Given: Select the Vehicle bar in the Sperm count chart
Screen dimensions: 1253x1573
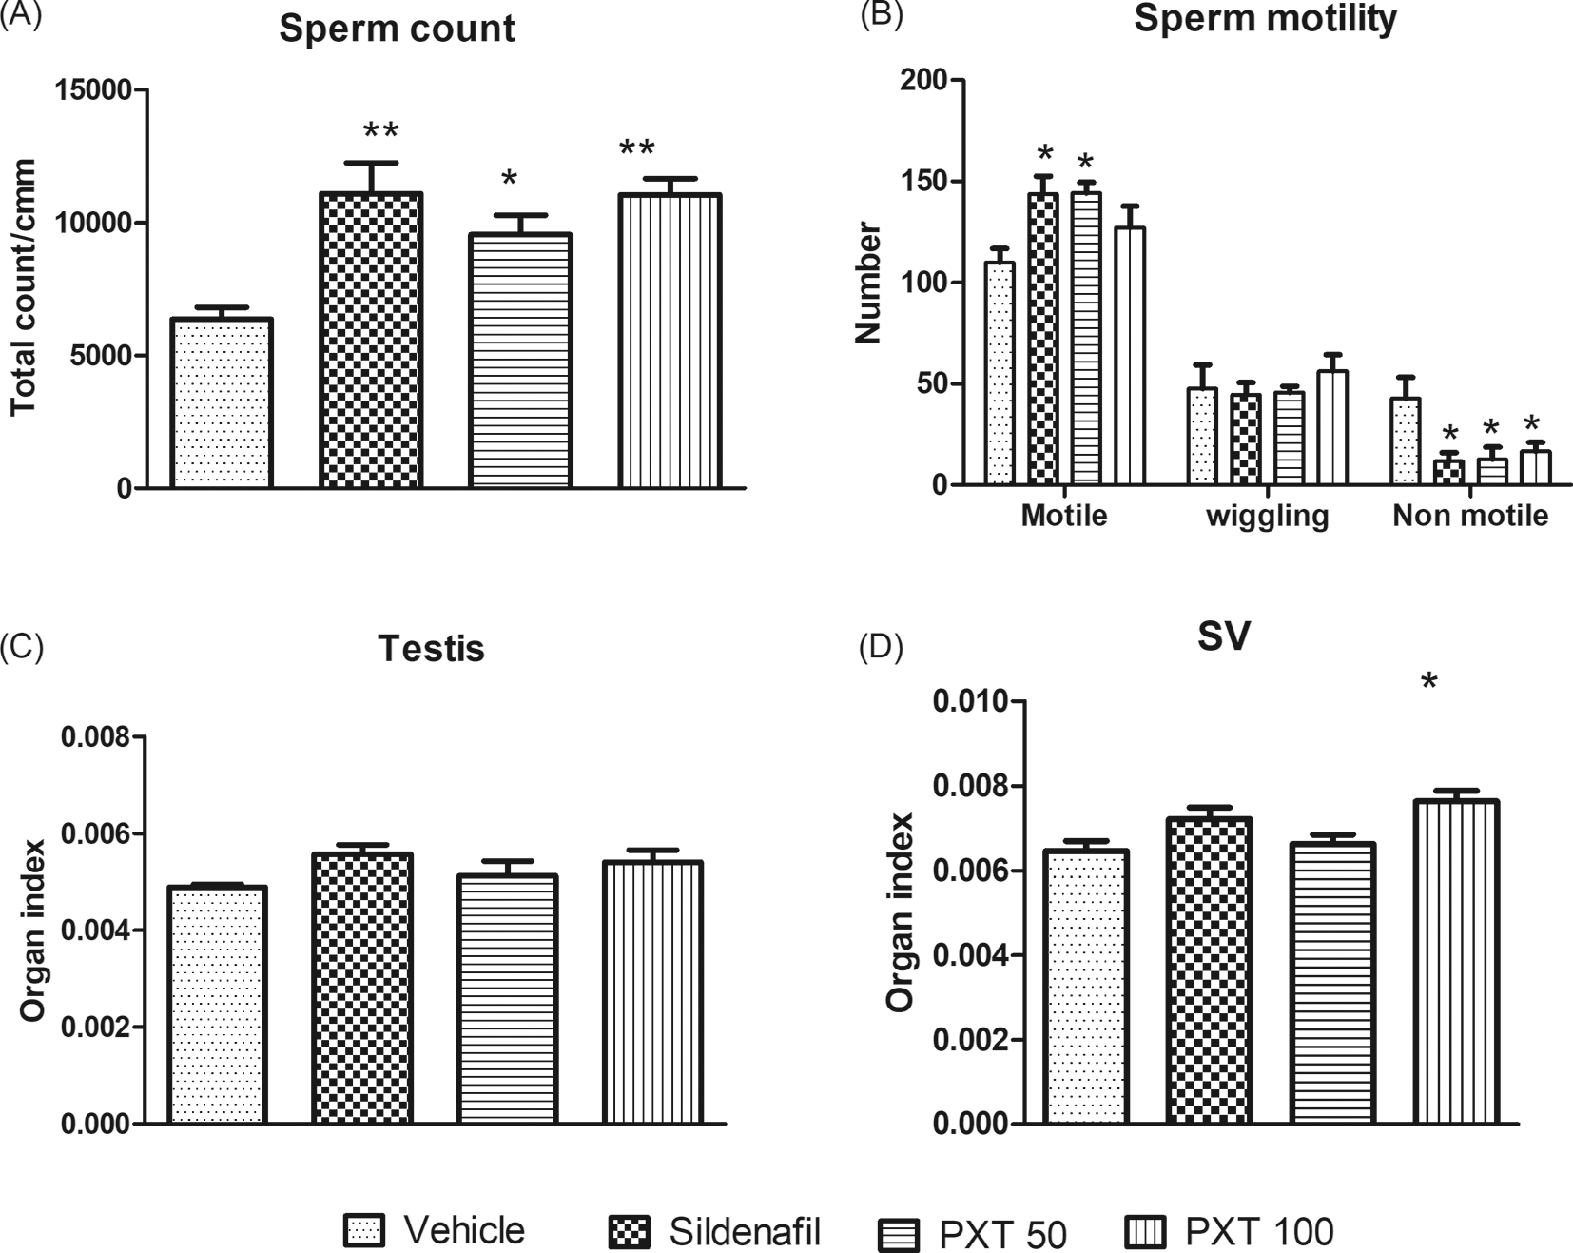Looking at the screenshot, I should pos(222,403).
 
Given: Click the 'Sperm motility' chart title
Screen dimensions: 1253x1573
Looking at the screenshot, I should pos(1265,19).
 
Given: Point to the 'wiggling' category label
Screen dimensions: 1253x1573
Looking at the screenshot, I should pos(1267,517).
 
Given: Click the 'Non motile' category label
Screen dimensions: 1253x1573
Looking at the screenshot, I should pos(1469,517).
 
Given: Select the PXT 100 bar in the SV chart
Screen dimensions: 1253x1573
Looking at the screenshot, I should pos(1455,962).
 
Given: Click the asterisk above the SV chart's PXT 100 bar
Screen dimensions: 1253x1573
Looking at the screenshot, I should pos(1428,682).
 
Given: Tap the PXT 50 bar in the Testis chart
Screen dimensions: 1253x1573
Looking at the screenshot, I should pos(507,999).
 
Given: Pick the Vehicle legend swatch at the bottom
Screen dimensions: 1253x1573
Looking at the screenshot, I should pos(364,1231).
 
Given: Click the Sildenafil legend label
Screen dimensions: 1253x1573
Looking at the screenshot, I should pos(745,1232).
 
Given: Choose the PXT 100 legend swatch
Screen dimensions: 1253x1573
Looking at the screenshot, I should pos(1144,1233).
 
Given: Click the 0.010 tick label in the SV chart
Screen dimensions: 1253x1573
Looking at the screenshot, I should pos(969,702).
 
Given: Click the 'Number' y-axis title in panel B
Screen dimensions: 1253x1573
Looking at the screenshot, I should pos(868,283).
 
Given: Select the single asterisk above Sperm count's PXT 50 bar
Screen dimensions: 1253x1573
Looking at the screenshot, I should pos(510,180).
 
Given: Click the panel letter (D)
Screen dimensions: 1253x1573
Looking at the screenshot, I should pos(880,649).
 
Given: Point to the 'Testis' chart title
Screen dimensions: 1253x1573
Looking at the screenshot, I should pos(431,649).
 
